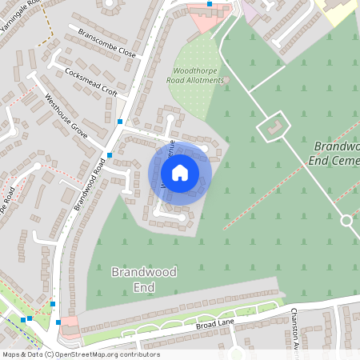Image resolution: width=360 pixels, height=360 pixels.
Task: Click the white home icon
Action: (x=180, y=173)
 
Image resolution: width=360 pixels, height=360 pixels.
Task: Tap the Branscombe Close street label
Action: (x=107, y=45)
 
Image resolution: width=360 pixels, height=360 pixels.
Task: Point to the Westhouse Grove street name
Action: (x=66, y=117)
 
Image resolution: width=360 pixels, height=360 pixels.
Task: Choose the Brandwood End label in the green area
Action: (x=144, y=279)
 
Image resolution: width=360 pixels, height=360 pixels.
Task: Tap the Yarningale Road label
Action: (x=19, y=12)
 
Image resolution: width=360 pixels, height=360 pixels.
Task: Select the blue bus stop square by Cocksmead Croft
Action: (x=120, y=122)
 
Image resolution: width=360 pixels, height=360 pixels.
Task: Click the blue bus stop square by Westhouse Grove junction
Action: (x=110, y=155)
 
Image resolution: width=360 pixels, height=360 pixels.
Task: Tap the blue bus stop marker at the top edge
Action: (x=210, y=4)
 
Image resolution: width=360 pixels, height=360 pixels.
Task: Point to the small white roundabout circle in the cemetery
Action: (x=346, y=220)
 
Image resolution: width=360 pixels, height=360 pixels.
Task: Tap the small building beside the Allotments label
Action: (x=226, y=80)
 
